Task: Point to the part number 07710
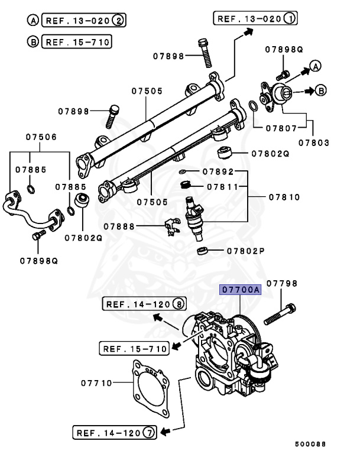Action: [96, 383]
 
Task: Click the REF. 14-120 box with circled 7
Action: [115, 433]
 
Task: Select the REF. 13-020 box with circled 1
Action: [255, 18]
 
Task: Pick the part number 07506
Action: [41, 137]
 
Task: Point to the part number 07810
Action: [284, 197]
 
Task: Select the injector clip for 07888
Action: [171, 226]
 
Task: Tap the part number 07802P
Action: [244, 251]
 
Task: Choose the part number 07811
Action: [222, 187]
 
